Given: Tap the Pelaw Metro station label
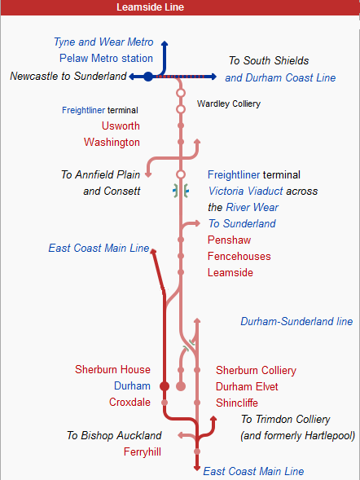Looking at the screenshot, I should pos(106,59).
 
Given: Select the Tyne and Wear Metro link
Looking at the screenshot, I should pos(103,42).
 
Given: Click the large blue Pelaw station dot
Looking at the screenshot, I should pos(148,77).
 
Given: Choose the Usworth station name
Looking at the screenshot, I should pos(121,126).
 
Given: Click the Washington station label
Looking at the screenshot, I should pos(112,142).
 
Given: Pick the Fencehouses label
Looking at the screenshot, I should pos(239,256).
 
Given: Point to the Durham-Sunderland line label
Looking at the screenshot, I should pos(296,322).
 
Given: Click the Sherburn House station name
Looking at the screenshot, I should pos(113,370).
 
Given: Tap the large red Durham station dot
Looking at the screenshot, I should pos(165,386).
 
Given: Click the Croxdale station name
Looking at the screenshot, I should pos(130,402).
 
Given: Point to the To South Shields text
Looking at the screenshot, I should pos(269,60).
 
